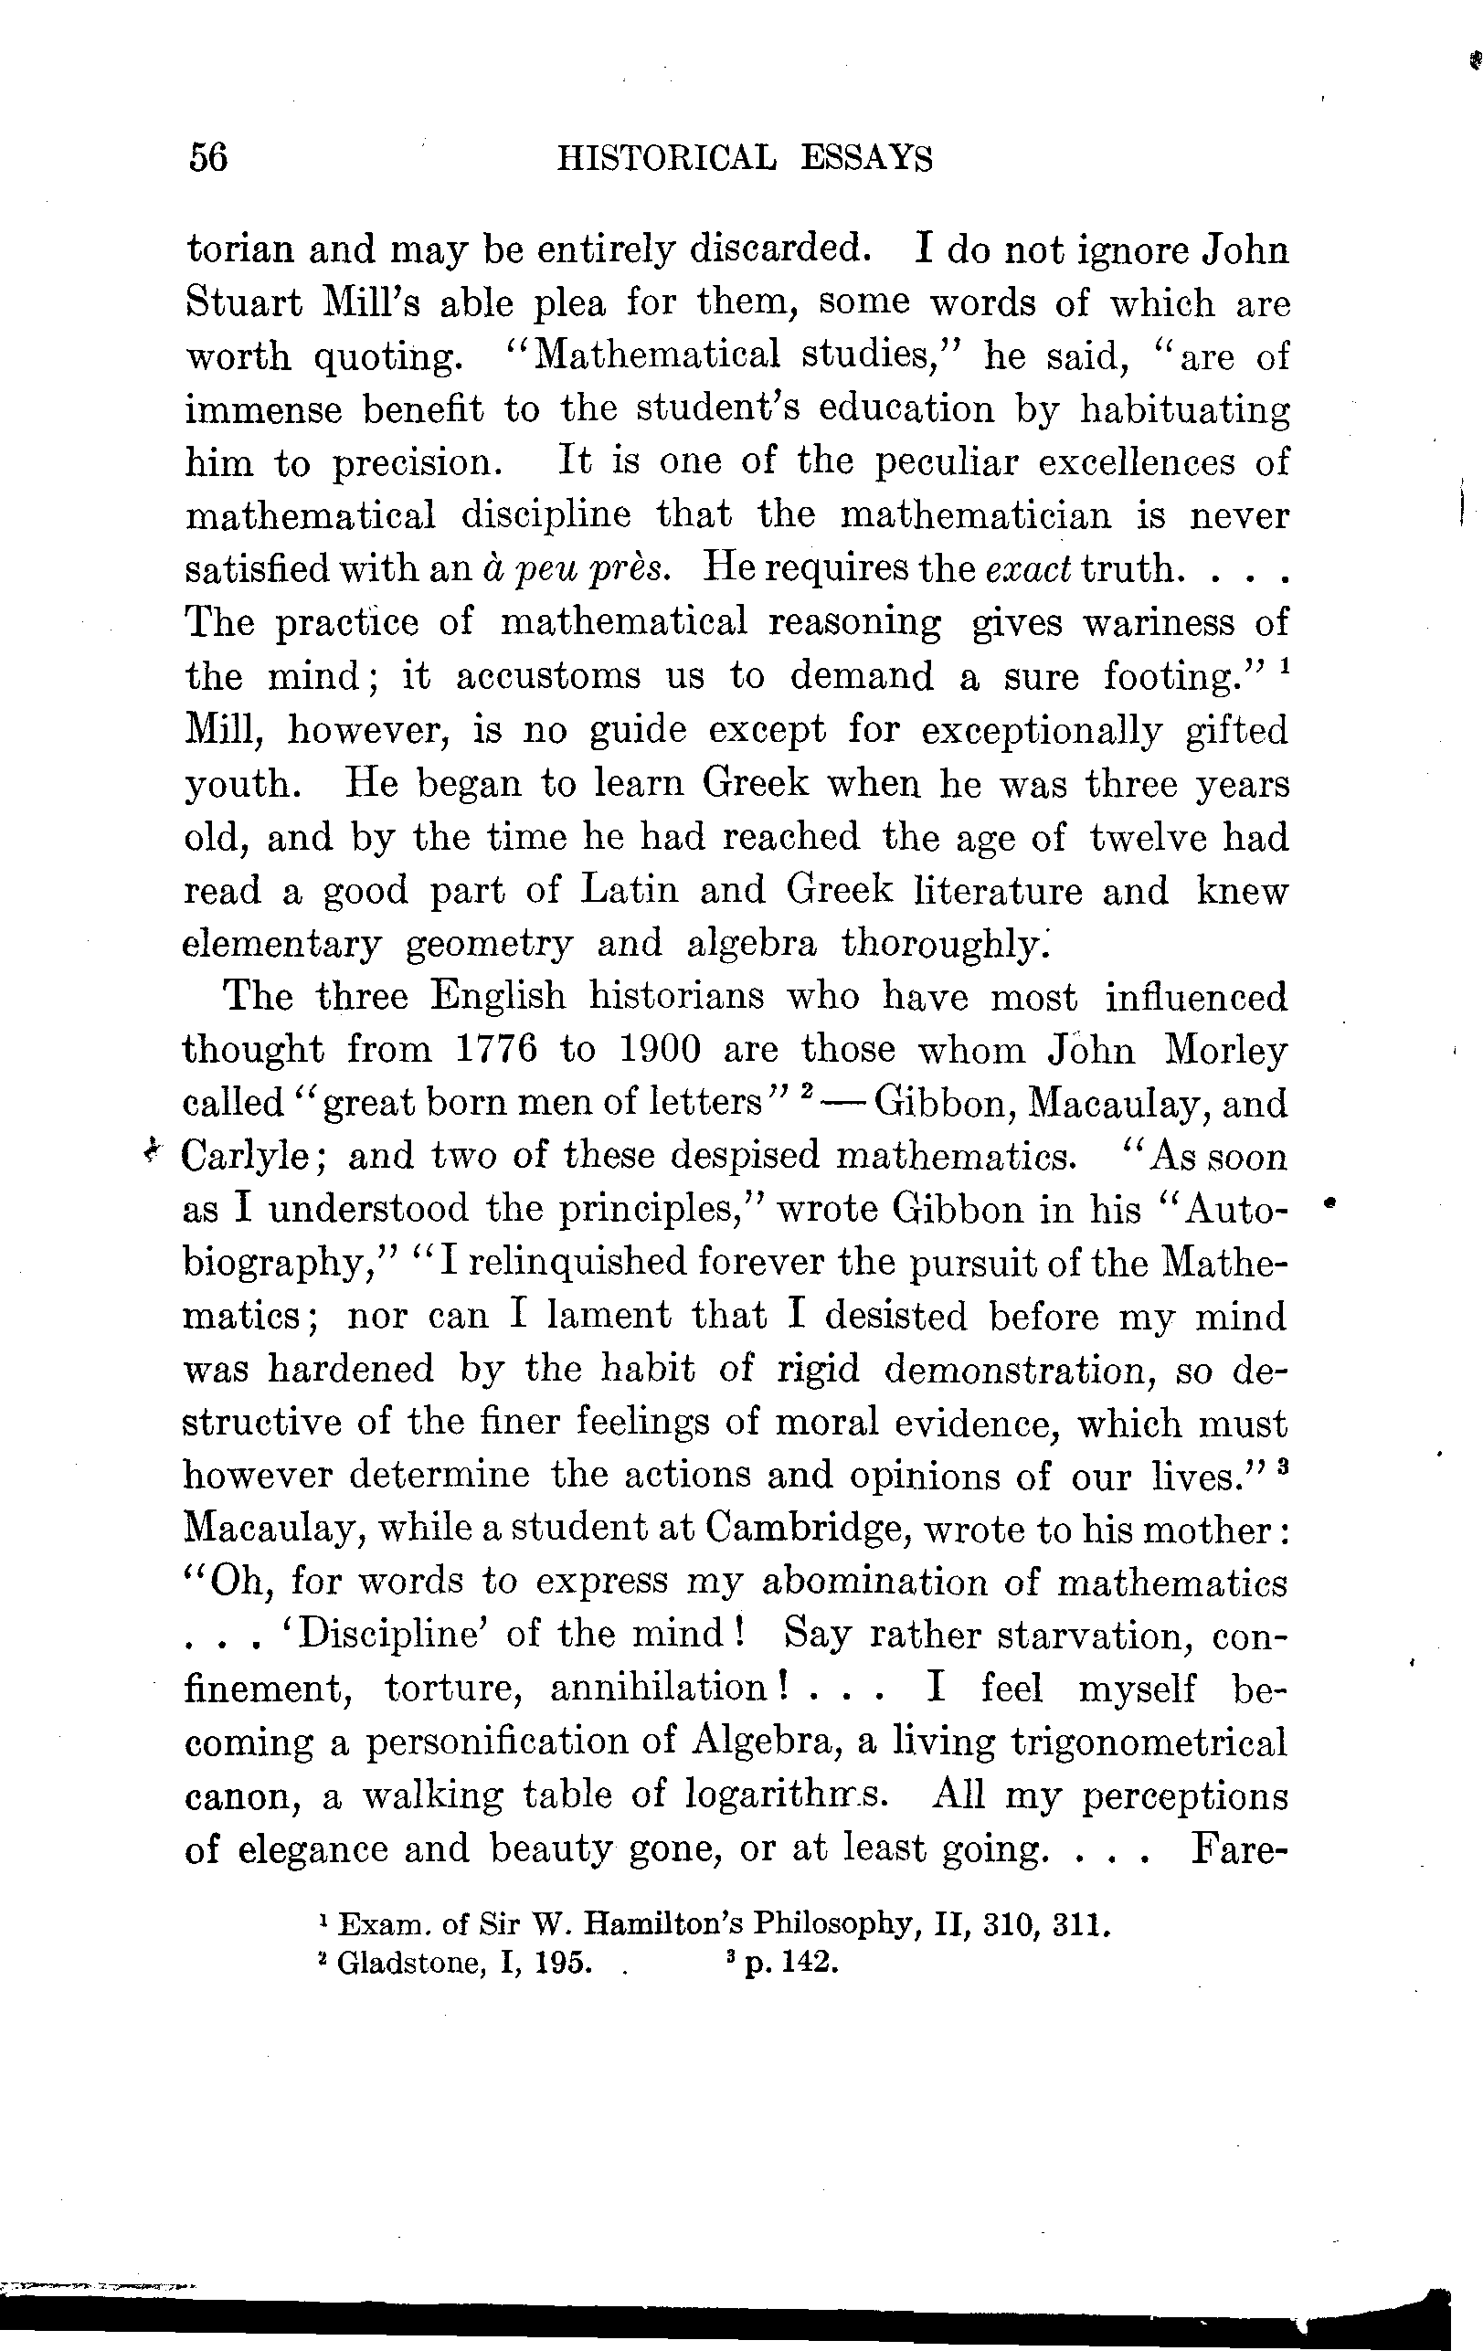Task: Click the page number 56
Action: tap(208, 157)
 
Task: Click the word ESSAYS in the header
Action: tap(867, 158)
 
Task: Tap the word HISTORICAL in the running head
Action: tap(666, 158)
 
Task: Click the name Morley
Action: tap(1226, 1050)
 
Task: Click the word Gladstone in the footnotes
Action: tap(410, 1964)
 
